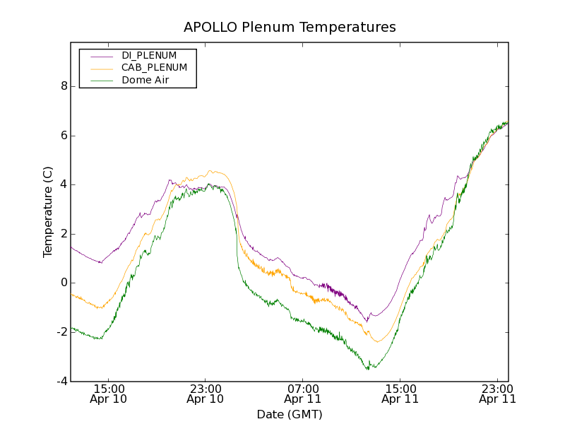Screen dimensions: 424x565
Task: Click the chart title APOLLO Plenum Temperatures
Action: coord(290,28)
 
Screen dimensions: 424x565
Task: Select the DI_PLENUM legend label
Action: coord(149,55)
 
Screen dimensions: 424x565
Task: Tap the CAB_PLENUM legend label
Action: coord(154,68)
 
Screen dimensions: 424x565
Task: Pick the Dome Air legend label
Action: coord(145,80)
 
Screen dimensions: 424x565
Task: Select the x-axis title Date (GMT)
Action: coord(290,414)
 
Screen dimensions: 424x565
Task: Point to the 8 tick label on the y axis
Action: coord(64,86)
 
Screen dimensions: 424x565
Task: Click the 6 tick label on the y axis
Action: coord(64,136)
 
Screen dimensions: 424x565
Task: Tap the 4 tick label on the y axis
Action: coord(64,184)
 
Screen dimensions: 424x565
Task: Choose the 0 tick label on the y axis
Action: coord(64,283)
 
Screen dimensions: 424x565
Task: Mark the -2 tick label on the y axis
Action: coord(62,332)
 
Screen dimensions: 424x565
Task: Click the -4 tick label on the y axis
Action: coord(62,382)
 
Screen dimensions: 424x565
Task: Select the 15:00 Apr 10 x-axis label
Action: coord(109,394)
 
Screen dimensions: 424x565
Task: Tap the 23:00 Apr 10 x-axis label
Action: coord(206,394)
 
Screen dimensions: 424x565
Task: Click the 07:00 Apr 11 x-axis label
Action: coord(303,394)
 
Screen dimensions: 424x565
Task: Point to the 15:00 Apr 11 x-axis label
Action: coord(400,394)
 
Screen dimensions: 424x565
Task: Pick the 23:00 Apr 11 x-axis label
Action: coord(497,394)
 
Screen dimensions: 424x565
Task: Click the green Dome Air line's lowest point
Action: coord(368,369)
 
